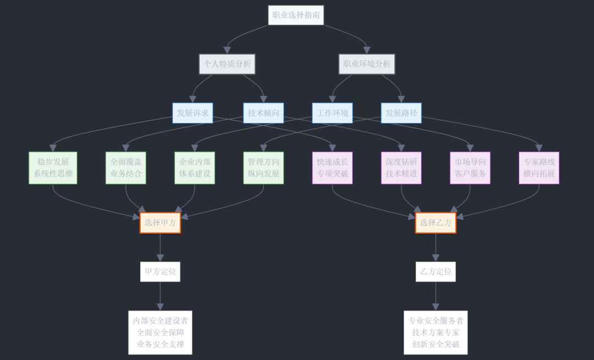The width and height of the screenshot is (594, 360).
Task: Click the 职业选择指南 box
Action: pyautogui.click(x=296, y=15)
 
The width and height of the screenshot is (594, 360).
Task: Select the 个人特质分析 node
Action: pyautogui.click(x=227, y=64)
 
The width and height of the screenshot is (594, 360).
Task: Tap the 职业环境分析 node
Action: pyautogui.click(x=367, y=64)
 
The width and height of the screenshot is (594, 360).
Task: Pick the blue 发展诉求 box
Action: pyautogui.click(x=193, y=113)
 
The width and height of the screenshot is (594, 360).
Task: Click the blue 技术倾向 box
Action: pyautogui.click(x=263, y=113)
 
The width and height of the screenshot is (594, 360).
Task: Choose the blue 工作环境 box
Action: pyautogui.click(x=332, y=113)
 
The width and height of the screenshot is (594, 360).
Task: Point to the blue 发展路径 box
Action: pyautogui.click(x=402, y=113)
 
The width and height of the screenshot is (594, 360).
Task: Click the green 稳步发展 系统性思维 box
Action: pyautogui.click(x=53, y=168)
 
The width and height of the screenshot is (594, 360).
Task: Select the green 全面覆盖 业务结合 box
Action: pyautogui.click(x=126, y=168)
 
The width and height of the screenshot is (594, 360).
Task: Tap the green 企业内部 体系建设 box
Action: pyautogui.click(x=195, y=168)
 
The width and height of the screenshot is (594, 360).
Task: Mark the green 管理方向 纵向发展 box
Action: pyautogui.click(x=263, y=168)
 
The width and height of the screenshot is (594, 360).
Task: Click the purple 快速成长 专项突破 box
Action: pyautogui.click(x=332, y=168)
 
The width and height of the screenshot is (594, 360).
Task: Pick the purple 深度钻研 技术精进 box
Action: pyautogui.click(x=402, y=168)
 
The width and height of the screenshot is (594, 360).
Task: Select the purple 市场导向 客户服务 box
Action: pyautogui.click(x=470, y=168)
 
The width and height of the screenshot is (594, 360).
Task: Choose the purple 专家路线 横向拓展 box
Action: pyautogui.click(x=539, y=168)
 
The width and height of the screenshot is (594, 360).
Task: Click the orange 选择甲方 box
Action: pyautogui.click(x=160, y=223)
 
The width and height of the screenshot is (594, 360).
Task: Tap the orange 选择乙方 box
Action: pyautogui.click(x=436, y=223)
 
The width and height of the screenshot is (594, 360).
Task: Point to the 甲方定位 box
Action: pyautogui.click(x=160, y=272)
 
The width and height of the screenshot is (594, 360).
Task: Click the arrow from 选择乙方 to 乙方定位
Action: pyautogui.click(x=436, y=247)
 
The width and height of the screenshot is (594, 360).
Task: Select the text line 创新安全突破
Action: pyautogui.click(x=436, y=345)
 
